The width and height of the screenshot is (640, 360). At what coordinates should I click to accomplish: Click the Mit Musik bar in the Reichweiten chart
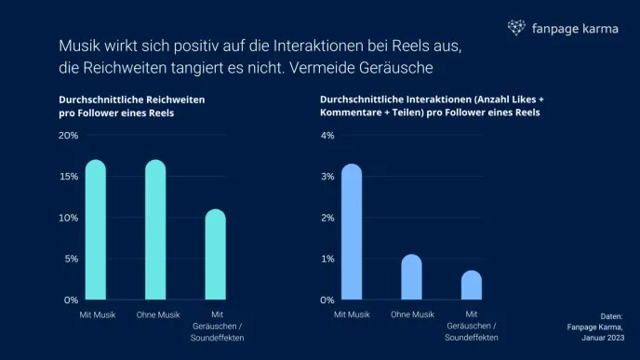coord(96,230)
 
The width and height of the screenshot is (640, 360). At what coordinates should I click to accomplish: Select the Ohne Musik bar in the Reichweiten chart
coord(155,230)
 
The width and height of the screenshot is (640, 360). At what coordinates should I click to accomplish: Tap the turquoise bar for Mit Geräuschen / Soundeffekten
coord(215,255)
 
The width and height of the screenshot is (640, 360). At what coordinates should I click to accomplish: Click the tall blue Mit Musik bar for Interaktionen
coord(352,233)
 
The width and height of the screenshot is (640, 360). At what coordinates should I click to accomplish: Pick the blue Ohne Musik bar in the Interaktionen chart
coord(411,277)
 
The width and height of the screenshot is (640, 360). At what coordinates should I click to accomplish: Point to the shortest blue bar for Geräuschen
coord(471,286)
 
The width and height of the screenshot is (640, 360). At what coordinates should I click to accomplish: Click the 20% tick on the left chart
coord(68,136)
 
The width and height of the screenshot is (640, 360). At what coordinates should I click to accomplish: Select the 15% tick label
coord(68,177)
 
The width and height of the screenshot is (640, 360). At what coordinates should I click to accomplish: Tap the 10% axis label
coord(68,218)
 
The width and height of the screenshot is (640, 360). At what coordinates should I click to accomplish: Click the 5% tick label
coord(71,259)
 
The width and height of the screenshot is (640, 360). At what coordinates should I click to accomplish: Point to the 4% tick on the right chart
coord(327,136)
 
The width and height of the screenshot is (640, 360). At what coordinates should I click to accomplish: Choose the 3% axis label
coord(327,177)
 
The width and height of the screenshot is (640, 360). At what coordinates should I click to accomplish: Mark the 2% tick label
coord(327,218)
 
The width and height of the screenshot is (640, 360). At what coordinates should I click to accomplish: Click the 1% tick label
coord(327,259)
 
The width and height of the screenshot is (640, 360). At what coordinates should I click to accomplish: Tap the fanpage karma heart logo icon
coord(516,28)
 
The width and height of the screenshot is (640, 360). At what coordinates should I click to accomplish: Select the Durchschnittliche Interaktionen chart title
coord(430,104)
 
